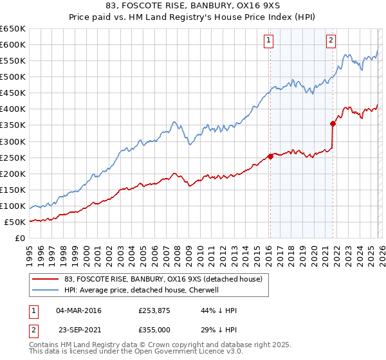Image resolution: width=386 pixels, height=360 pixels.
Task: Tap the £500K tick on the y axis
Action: [13, 77]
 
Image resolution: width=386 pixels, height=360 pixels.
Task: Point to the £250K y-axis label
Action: [13, 157]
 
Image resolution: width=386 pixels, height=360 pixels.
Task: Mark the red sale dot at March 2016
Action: [270, 156]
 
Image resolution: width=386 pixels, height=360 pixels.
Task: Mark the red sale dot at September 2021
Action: [333, 123]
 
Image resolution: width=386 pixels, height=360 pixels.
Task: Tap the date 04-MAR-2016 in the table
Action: [79, 310]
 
